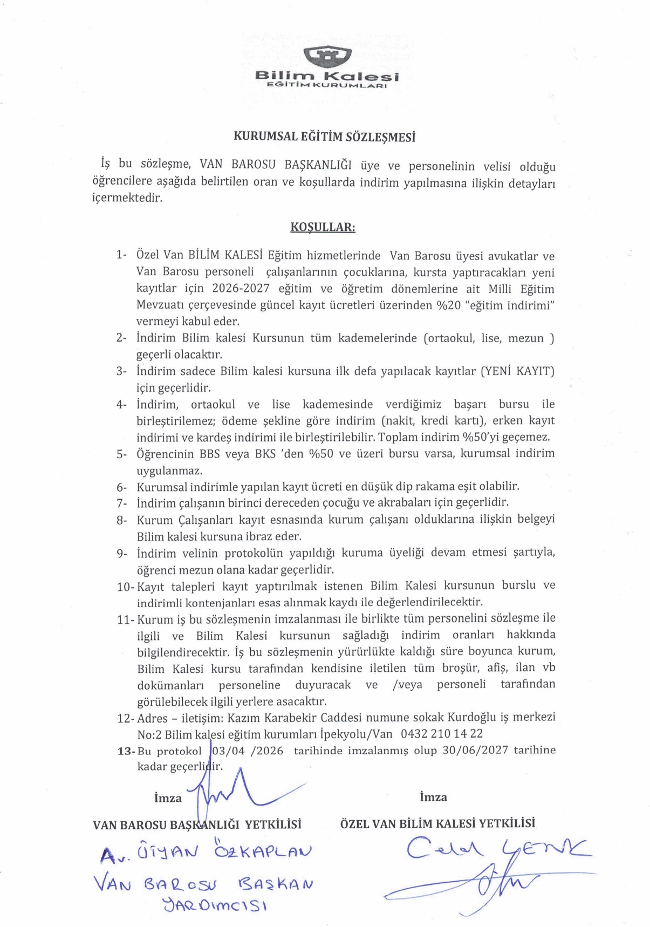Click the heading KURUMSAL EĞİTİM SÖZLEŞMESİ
tap(324, 137)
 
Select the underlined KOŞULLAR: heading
tap(323, 227)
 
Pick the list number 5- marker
tap(121, 454)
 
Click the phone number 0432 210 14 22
tap(442, 734)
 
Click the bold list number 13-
tap(126, 751)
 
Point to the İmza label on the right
tap(433, 797)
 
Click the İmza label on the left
tap(168, 798)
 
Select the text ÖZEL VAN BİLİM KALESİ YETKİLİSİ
tap(437, 823)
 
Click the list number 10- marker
tap(126, 587)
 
